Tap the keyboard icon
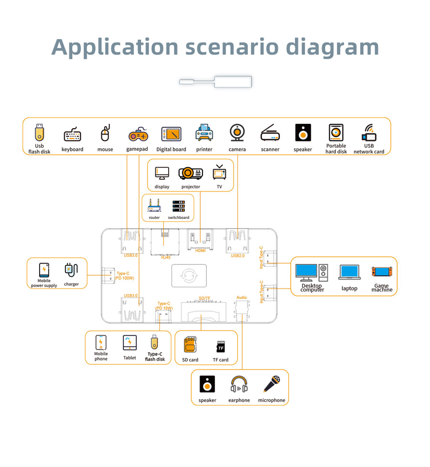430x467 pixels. pyautogui.click(x=72, y=135)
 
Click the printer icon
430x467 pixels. pyautogui.click(x=204, y=133)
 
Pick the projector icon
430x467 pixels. pyautogui.click(x=191, y=173)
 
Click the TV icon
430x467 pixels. pyautogui.click(x=219, y=173)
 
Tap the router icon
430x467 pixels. pyautogui.click(x=154, y=206)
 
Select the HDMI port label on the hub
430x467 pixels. pyautogui.click(x=201, y=250)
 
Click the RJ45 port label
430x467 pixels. pyautogui.click(x=165, y=257)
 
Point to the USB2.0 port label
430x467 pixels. pyautogui.click(x=237, y=256)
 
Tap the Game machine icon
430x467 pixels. pyautogui.click(x=382, y=272)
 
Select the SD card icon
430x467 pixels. pyautogui.click(x=190, y=344)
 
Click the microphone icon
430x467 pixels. pyautogui.click(x=271, y=384)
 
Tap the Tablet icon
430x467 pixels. pyautogui.click(x=129, y=343)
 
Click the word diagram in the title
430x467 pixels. pyautogui.click(x=333, y=47)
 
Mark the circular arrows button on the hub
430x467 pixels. pyautogui.click(x=189, y=276)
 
